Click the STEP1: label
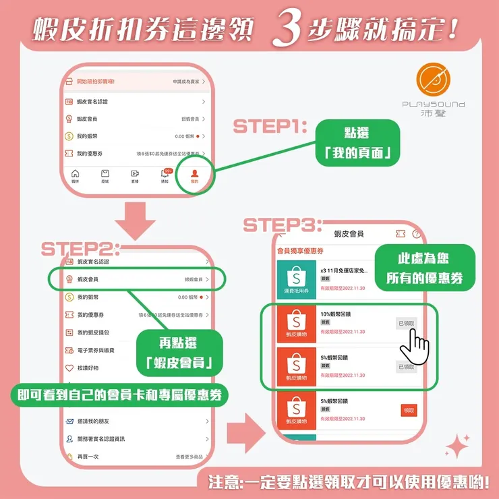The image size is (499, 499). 270,127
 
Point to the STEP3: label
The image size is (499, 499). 282,225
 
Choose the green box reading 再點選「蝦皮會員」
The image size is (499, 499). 179,355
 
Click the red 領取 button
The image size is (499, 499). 409,410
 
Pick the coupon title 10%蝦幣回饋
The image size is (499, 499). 336,314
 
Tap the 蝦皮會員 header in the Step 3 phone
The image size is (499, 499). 349,233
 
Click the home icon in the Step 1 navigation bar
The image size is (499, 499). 76,175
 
